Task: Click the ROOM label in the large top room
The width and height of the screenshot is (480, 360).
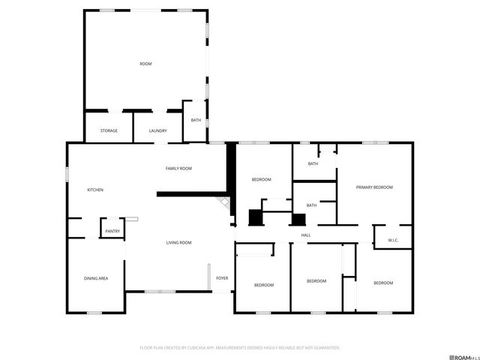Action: [145, 64]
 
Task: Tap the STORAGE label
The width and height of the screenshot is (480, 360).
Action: [109, 131]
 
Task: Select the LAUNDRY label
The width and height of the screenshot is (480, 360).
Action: [157, 131]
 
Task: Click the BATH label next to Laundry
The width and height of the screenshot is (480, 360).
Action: [196, 121]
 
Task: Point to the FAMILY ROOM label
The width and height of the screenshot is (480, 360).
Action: [178, 169]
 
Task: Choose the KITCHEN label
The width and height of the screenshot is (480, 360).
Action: [95, 190]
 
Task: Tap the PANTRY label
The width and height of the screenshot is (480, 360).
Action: [112, 231]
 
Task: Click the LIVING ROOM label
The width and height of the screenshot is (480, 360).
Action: [179, 242]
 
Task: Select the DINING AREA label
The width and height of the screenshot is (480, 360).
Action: [96, 278]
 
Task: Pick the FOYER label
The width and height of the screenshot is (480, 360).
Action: [222, 278]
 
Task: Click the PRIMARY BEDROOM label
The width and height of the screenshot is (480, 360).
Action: [374, 187]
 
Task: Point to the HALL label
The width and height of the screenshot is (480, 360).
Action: [306, 235]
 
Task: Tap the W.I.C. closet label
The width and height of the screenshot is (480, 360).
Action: [393, 240]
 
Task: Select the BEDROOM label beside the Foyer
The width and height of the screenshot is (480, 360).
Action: [263, 285]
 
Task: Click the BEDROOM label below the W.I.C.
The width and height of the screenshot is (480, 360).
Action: [383, 283]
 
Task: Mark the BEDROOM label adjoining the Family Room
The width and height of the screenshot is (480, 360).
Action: [261, 179]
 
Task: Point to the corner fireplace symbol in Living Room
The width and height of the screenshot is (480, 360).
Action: [221, 204]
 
